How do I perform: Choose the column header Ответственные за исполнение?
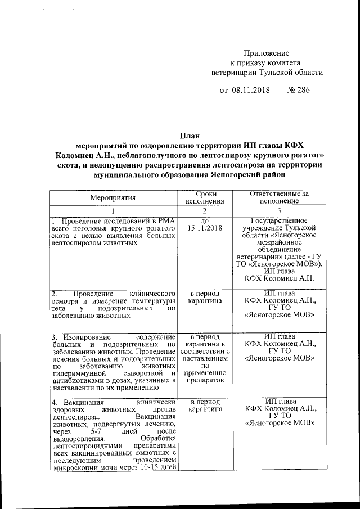pos(280,197)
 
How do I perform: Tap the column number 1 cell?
pos(113,210)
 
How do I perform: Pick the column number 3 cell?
pos(280,210)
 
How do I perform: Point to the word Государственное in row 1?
pos(280,221)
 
